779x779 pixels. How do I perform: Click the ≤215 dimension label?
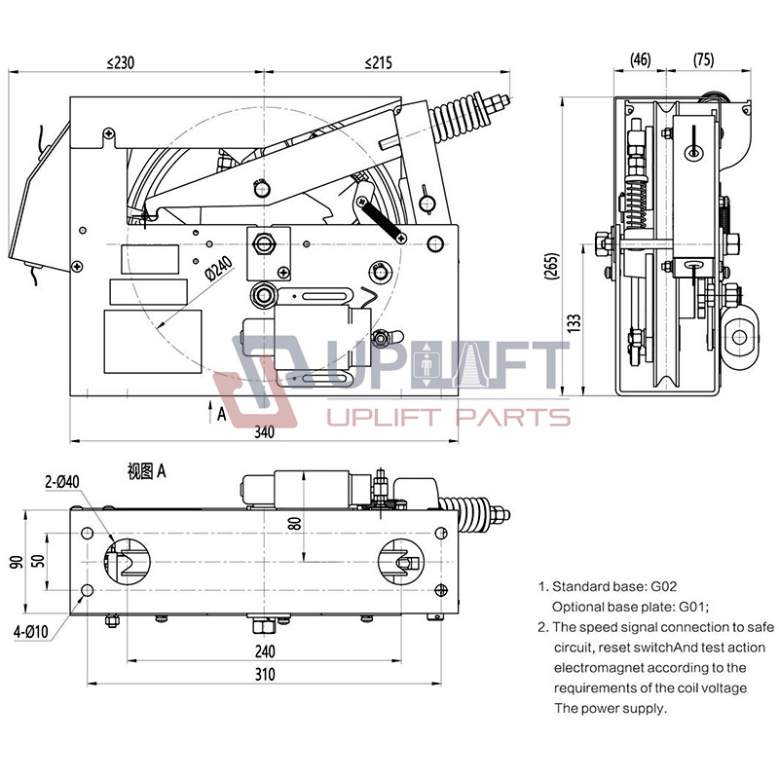[x=378, y=62]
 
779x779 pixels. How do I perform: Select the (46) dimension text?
[x=640, y=59]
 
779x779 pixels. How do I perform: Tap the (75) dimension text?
[x=702, y=59]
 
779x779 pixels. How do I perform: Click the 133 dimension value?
[x=575, y=319]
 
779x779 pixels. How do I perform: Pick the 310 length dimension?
[x=264, y=674]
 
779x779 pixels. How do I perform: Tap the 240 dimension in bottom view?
[x=264, y=650]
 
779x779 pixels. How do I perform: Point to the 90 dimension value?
[x=15, y=562]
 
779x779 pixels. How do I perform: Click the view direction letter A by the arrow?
[x=222, y=414]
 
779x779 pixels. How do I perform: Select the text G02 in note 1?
[x=663, y=587]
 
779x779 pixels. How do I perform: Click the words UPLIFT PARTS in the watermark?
[x=448, y=419]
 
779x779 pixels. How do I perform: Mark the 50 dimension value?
[x=38, y=562]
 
